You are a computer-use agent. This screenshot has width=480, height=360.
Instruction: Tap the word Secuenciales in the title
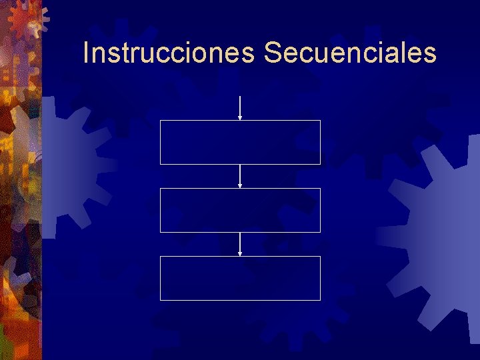(350, 53)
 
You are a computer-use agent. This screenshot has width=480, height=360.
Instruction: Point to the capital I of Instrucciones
(86, 53)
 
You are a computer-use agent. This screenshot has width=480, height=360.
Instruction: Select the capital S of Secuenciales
(272, 53)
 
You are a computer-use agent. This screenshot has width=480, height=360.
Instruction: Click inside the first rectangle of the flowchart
(240, 142)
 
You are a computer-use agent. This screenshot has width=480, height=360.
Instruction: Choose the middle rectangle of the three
(240, 210)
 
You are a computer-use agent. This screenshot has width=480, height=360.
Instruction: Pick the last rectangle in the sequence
(240, 278)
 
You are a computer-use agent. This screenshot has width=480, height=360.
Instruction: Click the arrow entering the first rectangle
(240, 107)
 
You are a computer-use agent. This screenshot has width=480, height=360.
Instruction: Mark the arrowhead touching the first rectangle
(240, 118)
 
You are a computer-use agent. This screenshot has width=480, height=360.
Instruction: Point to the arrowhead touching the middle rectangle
(240, 186)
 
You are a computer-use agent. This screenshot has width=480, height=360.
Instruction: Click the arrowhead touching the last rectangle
(240, 254)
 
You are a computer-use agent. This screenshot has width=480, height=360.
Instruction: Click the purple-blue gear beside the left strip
(67, 167)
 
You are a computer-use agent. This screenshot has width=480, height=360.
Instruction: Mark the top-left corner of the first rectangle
(160, 121)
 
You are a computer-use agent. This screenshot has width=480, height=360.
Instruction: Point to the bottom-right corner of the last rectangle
(320, 300)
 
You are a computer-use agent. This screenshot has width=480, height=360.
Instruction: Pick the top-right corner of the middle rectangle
(320, 189)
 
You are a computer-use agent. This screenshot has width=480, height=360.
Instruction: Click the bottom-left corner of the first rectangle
(160, 164)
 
